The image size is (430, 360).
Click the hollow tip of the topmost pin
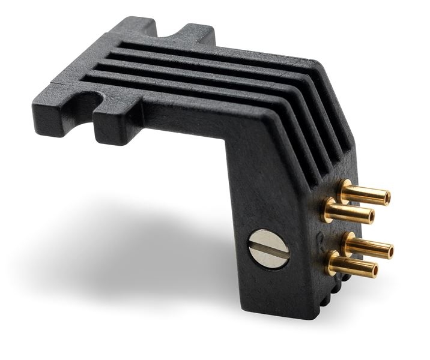387,196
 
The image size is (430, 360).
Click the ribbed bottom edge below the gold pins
333,290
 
